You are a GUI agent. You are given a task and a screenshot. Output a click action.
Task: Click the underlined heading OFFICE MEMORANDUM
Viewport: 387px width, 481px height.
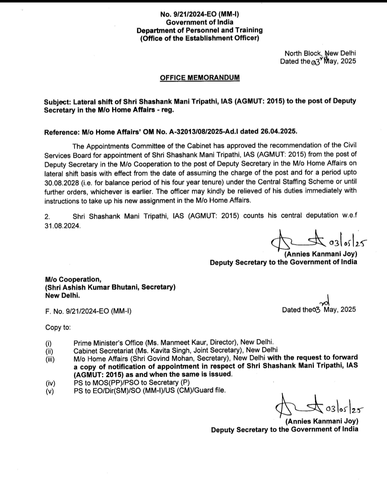click(x=200, y=78)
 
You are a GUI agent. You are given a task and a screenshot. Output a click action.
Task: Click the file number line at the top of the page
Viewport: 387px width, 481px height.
click(x=200, y=14)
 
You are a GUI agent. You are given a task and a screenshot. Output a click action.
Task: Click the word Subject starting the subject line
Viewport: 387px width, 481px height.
click(x=57, y=101)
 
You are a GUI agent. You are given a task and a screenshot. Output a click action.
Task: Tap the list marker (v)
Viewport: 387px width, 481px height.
click(x=50, y=391)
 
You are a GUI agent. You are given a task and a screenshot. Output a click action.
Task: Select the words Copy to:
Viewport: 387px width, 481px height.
click(x=58, y=327)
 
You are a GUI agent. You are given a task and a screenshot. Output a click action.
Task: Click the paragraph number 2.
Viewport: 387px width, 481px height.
click(x=47, y=217)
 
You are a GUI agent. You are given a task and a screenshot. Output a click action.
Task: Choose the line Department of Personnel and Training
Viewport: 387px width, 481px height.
click(x=200, y=30)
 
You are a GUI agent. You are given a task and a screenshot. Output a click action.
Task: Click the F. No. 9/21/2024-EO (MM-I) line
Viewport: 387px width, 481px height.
click(x=88, y=311)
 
